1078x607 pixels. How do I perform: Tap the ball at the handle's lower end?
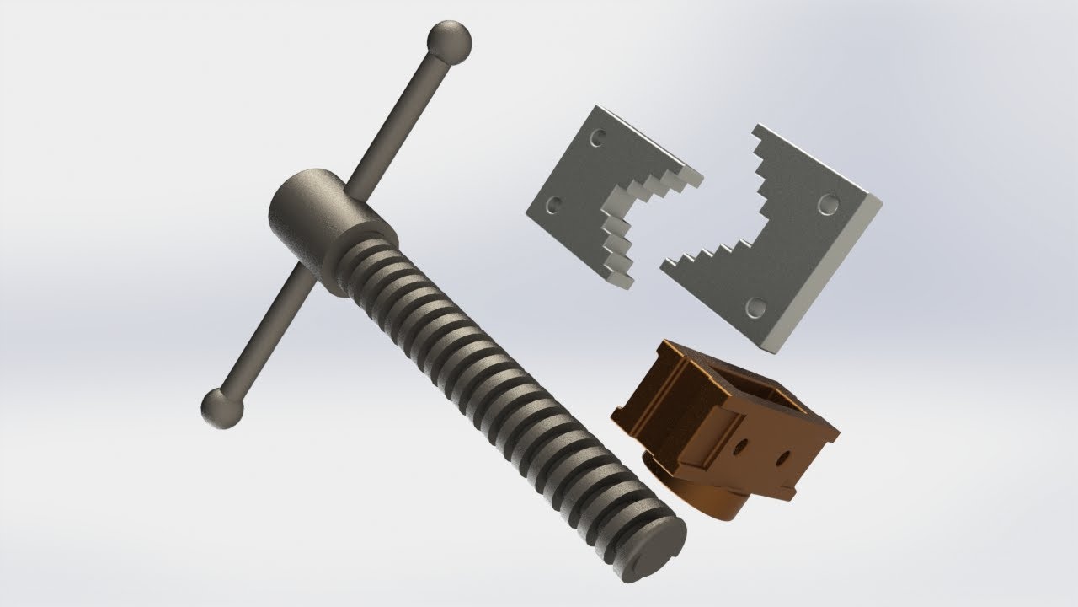point(222,408)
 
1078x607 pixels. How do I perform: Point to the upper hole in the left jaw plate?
point(598,136)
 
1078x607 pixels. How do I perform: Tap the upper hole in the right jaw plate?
point(828,204)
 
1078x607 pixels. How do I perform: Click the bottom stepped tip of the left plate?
point(625,282)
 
